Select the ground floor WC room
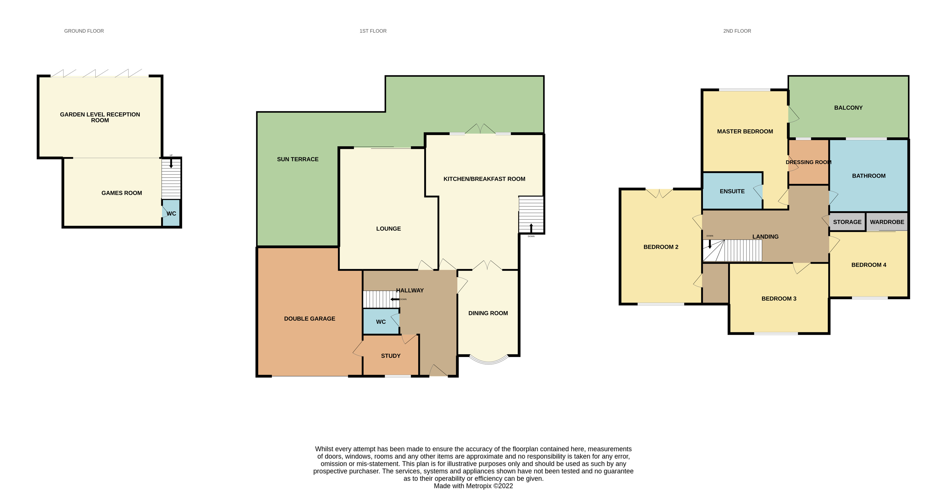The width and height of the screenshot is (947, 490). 171,213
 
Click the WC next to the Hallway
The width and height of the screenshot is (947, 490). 381,322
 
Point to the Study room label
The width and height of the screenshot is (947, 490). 390,356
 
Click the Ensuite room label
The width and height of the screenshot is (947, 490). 732,191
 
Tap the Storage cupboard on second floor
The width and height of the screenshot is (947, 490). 847,222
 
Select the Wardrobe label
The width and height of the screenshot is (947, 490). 887,222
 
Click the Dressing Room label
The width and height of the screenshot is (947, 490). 808,162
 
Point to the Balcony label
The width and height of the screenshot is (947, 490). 848,108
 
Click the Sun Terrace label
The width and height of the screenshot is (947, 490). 298,159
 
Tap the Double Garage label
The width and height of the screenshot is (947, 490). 309,319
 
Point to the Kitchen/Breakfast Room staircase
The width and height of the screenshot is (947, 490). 531,214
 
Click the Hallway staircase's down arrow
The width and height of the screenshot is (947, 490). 395,299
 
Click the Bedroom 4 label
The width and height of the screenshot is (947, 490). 869,265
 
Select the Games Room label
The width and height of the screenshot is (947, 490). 122,193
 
